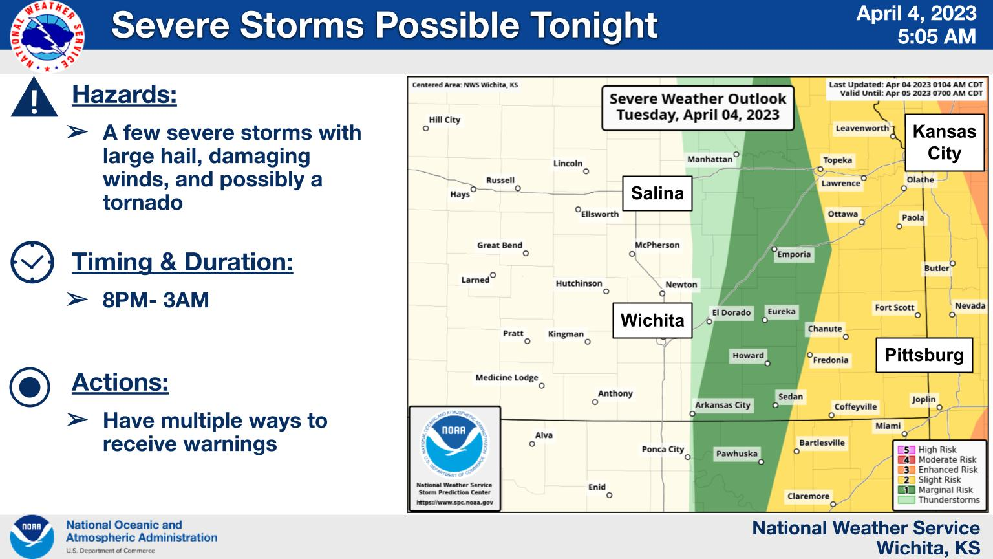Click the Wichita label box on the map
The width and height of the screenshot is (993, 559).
click(x=652, y=320)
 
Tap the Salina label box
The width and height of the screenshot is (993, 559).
click(x=657, y=193)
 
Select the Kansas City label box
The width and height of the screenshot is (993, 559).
click(x=945, y=142)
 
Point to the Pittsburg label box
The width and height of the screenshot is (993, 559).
click(x=924, y=355)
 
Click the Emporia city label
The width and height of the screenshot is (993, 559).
click(x=794, y=254)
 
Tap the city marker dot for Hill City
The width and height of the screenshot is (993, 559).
click(x=425, y=129)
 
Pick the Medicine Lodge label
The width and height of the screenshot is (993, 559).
click(x=507, y=378)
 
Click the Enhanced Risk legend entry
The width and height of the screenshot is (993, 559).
click(x=938, y=470)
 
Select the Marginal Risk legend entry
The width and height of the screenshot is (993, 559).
click(x=935, y=490)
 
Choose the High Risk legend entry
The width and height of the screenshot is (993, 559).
click(x=928, y=450)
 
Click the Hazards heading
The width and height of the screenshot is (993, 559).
click(x=125, y=94)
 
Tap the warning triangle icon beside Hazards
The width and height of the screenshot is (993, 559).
click(x=34, y=98)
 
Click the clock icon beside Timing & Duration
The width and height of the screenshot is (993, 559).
click(x=32, y=262)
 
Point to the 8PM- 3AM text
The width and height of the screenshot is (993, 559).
click(x=156, y=300)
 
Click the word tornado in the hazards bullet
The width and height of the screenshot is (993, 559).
click(x=143, y=203)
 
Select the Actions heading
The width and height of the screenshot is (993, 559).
click(x=120, y=382)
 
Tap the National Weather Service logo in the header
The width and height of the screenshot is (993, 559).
click(x=47, y=36)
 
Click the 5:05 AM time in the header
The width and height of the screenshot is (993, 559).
click(x=937, y=36)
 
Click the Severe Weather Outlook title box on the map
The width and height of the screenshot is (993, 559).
click(x=698, y=108)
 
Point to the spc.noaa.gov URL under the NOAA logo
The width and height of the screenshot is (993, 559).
click(x=455, y=503)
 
